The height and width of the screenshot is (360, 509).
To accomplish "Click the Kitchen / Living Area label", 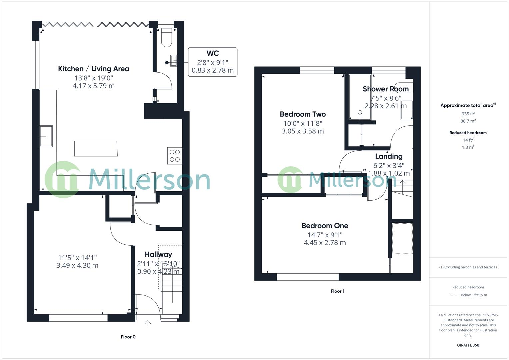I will (x=93, y=69).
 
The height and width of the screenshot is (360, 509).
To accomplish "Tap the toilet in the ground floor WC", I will (x=166, y=38).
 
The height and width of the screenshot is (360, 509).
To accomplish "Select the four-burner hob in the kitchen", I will (x=175, y=156).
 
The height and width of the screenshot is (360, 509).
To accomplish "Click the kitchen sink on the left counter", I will (x=46, y=136).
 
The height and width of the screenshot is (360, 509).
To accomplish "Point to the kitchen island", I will (x=96, y=149).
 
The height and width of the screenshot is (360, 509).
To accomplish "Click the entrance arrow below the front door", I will (x=148, y=323).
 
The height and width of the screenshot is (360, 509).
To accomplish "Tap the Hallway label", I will (x=158, y=254).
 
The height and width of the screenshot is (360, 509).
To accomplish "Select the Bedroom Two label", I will (x=303, y=114).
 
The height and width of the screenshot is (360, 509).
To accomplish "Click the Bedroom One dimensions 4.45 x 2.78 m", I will (x=325, y=243).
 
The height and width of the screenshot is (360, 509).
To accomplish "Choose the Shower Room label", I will (x=386, y=89).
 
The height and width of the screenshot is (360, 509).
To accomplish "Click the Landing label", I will (x=389, y=156).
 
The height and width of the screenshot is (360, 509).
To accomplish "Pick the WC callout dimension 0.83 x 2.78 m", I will (x=213, y=70).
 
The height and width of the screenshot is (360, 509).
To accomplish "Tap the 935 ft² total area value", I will (x=468, y=114).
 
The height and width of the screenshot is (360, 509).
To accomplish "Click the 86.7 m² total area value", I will (x=468, y=121).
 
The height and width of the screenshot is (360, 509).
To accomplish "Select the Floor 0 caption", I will (x=128, y=337).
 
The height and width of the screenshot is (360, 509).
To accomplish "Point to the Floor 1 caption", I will (x=337, y=291).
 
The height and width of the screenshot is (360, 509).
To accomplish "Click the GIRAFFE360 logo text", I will (x=468, y=345).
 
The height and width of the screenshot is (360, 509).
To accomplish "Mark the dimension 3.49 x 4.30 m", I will (x=77, y=266).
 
